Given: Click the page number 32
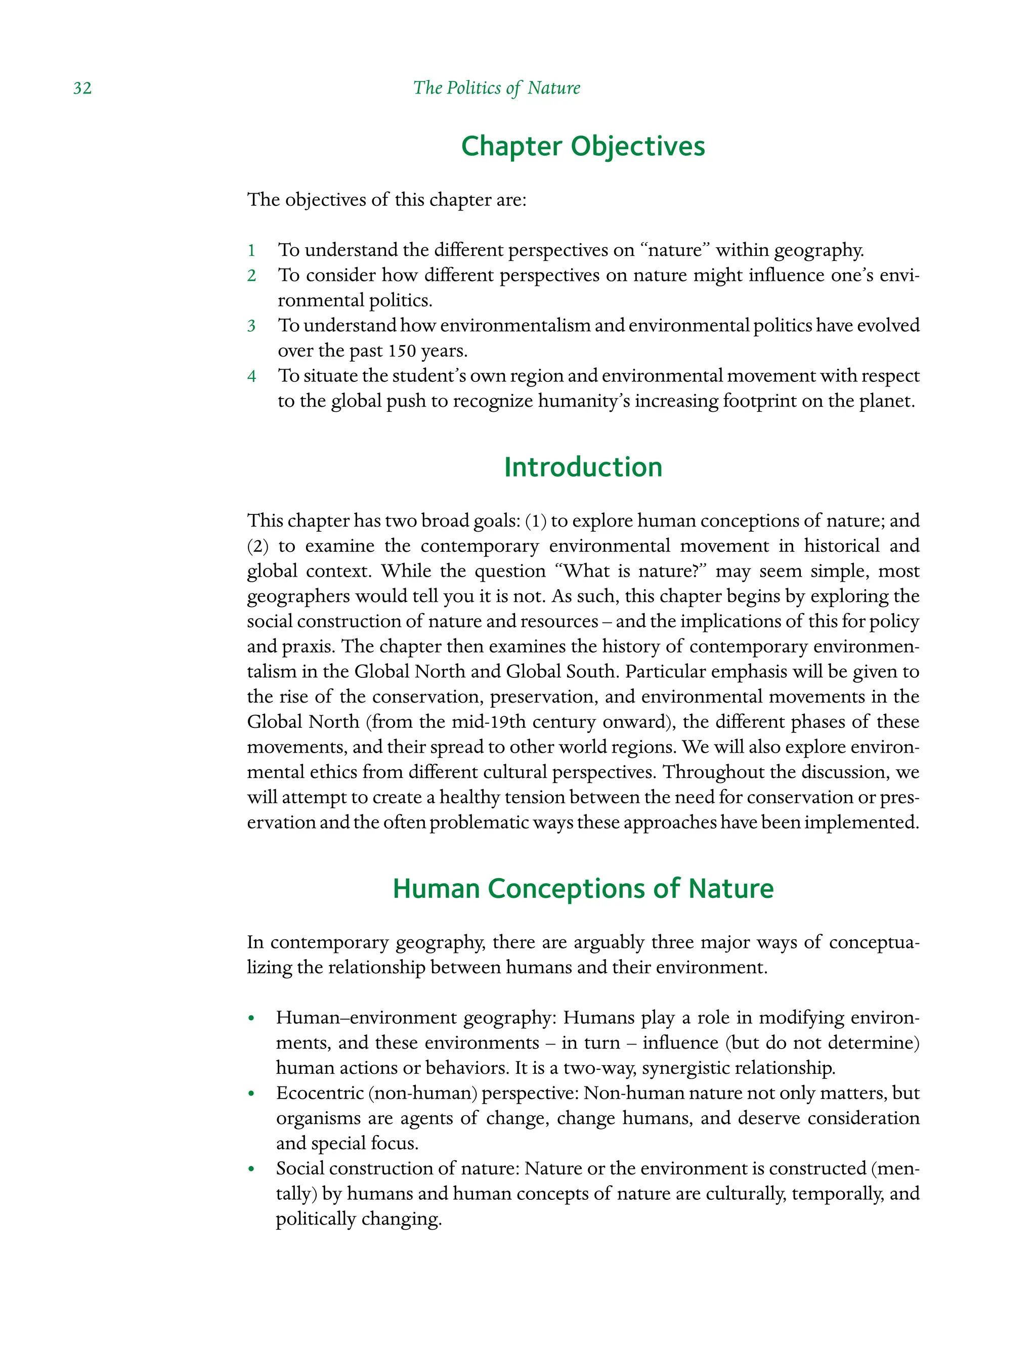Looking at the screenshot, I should [x=82, y=88].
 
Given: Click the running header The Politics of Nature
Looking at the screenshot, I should [x=496, y=88].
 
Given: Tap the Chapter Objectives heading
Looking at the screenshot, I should [x=583, y=147].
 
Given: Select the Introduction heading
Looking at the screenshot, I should [x=583, y=467].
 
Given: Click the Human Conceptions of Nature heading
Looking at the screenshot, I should [x=583, y=889].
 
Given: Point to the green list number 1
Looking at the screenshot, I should [x=251, y=250].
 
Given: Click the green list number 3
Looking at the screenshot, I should [x=251, y=326].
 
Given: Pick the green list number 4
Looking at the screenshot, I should [x=251, y=376].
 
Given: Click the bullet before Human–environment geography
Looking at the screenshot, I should [x=251, y=1019].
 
